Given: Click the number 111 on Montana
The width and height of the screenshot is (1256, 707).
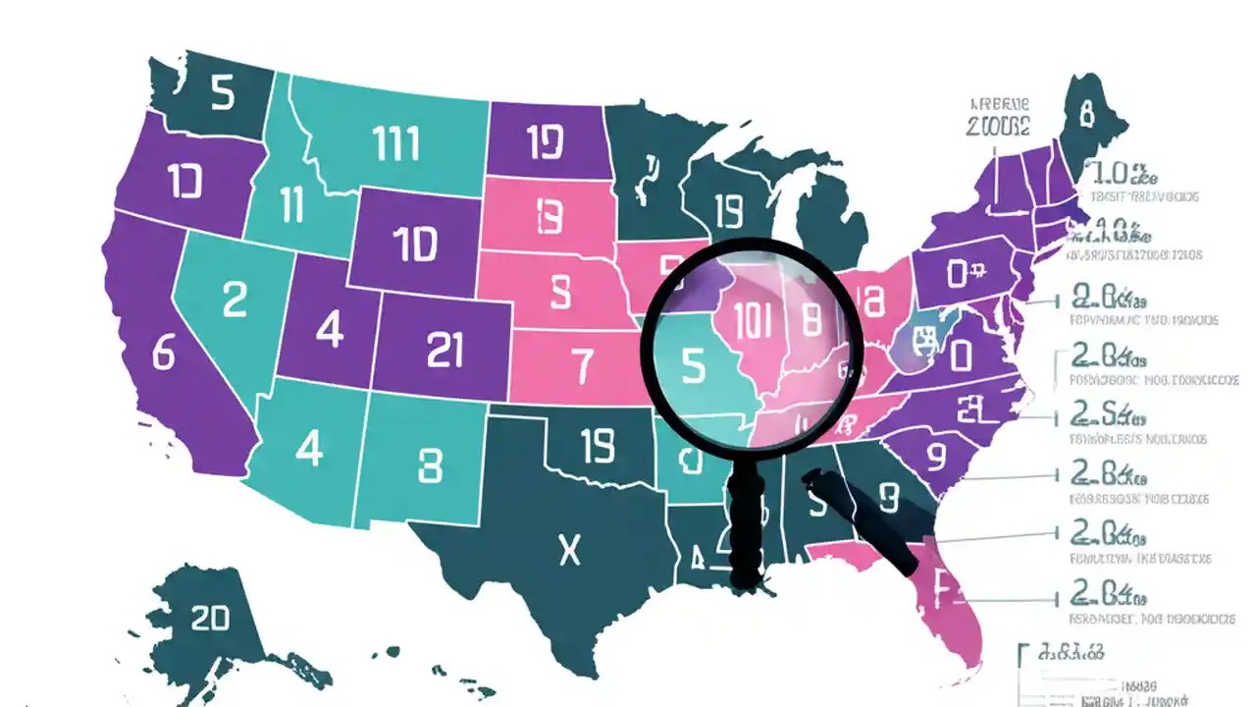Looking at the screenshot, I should (x=396, y=144).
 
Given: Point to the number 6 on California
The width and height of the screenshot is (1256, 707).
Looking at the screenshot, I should (x=163, y=352).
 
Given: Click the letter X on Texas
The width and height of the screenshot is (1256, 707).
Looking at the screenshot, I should (x=569, y=551).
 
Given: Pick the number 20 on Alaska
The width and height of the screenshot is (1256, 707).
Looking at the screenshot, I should (x=210, y=618).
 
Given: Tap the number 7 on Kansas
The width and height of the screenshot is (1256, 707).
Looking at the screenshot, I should (x=583, y=366).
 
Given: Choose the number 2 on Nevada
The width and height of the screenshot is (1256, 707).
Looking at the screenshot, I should (x=235, y=299).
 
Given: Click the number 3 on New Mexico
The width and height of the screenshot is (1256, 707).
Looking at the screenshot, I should (x=430, y=467).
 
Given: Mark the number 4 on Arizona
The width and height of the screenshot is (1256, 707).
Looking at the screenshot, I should (x=309, y=449).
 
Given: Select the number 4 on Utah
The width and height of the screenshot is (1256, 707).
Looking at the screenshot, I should (x=330, y=330).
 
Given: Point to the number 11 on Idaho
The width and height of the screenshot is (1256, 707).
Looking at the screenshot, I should (x=291, y=206).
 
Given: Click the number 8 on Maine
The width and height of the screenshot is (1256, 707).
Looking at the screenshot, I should (x=1085, y=115).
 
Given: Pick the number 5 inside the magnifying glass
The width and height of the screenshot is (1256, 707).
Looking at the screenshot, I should (x=693, y=365).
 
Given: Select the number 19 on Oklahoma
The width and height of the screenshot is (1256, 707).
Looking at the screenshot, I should (x=597, y=448).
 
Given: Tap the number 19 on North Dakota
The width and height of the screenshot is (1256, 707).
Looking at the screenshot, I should (x=545, y=142).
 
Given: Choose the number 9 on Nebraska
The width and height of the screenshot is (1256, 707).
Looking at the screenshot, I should (x=559, y=291).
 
